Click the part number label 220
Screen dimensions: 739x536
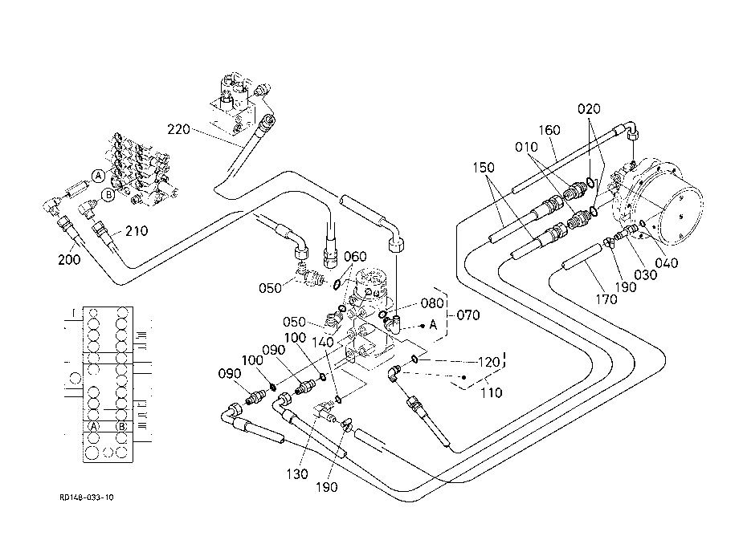(x=178, y=129)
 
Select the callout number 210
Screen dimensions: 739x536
(x=137, y=230)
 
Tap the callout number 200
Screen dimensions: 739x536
(x=69, y=259)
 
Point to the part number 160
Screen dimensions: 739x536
(x=549, y=130)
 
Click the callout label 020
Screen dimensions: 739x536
(x=589, y=108)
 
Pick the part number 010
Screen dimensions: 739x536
(x=526, y=148)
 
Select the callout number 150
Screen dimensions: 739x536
(x=484, y=168)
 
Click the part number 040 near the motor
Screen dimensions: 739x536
(x=667, y=262)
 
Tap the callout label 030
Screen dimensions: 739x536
(x=646, y=275)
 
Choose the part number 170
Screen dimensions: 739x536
(x=606, y=298)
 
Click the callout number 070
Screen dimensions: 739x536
(x=468, y=315)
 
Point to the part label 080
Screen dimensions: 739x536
(x=432, y=303)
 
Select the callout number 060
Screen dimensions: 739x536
(x=355, y=257)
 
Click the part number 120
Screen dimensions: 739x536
(x=488, y=362)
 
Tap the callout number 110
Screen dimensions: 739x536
(x=491, y=392)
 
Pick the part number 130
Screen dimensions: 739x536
(x=297, y=474)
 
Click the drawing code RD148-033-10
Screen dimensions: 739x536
(x=87, y=497)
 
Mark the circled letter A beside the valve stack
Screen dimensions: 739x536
(x=98, y=176)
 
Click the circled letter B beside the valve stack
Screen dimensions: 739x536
(x=108, y=194)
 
